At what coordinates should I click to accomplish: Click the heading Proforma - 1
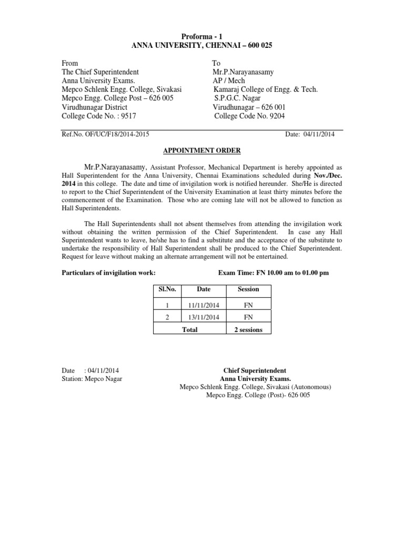tap(202, 36)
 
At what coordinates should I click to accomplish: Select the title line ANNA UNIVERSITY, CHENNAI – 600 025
tap(202, 46)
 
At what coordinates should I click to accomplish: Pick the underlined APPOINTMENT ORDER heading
tap(202, 151)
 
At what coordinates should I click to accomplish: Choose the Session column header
tap(248, 289)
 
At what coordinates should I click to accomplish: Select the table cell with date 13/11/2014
tap(204, 317)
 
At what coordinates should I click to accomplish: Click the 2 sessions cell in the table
tap(248, 330)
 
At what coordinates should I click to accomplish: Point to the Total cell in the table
tap(189, 330)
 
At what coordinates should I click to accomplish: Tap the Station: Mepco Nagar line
tap(92, 379)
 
